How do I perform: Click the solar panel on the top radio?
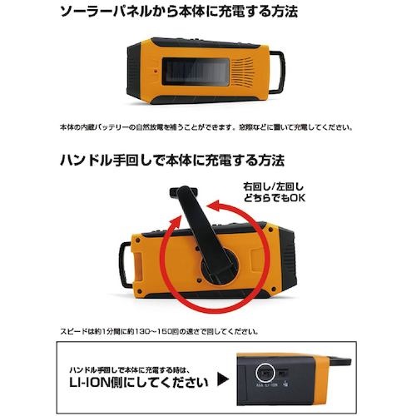[196, 72]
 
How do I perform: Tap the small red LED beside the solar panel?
[156, 72]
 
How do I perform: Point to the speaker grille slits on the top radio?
[242, 72]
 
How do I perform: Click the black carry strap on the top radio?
[276, 72]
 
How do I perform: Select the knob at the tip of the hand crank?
[183, 191]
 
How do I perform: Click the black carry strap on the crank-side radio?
[126, 265]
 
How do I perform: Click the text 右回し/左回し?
[273, 186]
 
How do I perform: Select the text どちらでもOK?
[274, 198]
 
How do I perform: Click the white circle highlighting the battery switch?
[265, 373]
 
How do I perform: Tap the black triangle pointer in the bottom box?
[223, 379]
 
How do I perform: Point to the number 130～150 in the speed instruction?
[152, 331]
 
